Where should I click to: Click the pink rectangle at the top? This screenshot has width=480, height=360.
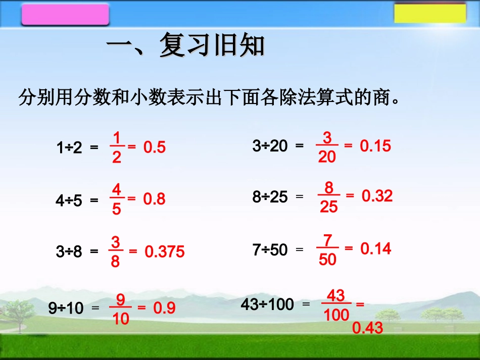(x=65, y=15)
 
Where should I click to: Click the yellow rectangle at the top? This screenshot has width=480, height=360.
(x=429, y=13)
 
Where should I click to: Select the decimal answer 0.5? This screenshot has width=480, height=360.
(x=154, y=147)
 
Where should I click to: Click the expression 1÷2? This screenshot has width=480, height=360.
(x=69, y=148)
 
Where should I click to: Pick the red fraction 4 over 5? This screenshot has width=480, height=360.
(x=117, y=199)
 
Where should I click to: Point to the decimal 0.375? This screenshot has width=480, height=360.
(x=165, y=251)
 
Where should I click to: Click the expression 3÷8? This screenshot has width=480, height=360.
(x=69, y=251)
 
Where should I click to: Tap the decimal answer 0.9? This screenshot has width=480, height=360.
(x=164, y=308)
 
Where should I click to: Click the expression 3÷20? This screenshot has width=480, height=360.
(x=270, y=146)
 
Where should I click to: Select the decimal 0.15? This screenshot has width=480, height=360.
(x=375, y=146)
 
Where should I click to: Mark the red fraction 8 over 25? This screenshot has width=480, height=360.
(x=329, y=197)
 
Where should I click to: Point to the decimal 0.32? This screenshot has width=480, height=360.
(x=377, y=196)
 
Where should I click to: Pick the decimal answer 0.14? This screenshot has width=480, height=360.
(x=376, y=248)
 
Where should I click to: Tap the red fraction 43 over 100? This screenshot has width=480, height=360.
(x=337, y=305)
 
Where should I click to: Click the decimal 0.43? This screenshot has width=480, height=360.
(x=368, y=329)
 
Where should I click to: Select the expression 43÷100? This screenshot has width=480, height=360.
(x=267, y=304)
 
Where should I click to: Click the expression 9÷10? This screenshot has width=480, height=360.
(x=66, y=308)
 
